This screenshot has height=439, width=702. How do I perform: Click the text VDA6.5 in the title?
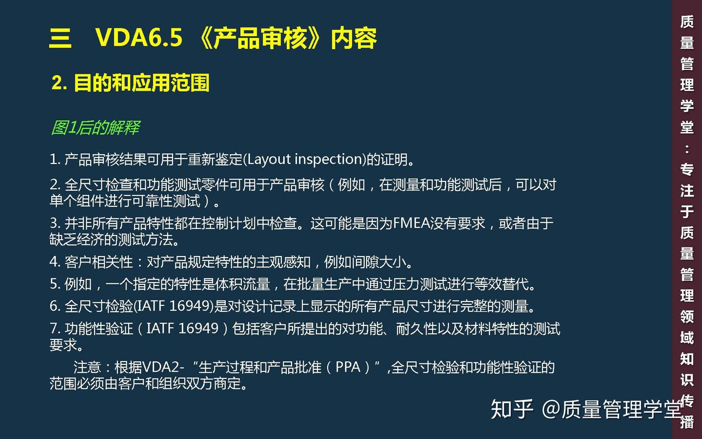(139, 38)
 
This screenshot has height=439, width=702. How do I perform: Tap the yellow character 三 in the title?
(60, 38)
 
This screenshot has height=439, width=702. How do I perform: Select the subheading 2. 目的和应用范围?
(131, 83)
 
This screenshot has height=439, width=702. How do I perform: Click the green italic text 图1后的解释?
(95, 128)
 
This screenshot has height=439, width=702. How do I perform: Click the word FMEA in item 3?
(411, 223)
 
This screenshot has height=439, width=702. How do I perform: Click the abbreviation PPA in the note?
(348, 367)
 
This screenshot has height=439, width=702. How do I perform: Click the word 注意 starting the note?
(87, 367)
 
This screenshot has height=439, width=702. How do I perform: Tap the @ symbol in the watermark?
(550, 409)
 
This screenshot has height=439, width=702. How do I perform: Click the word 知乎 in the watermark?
(512, 409)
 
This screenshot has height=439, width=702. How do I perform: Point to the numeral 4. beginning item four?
(55, 262)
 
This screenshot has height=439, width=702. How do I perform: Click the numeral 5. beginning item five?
(55, 284)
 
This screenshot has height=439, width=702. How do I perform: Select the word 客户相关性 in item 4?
(98, 262)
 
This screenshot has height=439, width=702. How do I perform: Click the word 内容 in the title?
(353, 38)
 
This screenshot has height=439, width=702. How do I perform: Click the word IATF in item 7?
(160, 328)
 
